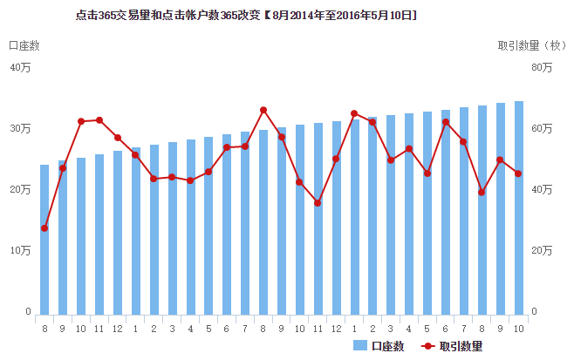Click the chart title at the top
pyautogui.click(x=246, y=16)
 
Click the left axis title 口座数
pyautogui.click(x=24, y=45)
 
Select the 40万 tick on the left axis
pyautogui.click(x=20, y=67)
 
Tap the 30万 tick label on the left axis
pyautogui.click(x=20, y=128)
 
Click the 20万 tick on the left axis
pyautogui.click(x=20, y=189)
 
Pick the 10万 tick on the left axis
pyautogui.click(x=20, y=250)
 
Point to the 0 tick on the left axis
pyautogui.click(x=28, y=311)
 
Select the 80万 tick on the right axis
pyautogui.click(x=542, y=67)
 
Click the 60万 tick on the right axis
pyautogui.click(x=542, y=128)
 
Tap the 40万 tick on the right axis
pyautogui.click(x=542, y=189)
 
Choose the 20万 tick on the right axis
pyautogui.click(x=542, y=250)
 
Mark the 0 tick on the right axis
pyautogui.click(x=534, y=311)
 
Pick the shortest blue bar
pyautogui.click(x=44, y=239)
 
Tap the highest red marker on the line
pyautogui.click(x=263, y=110)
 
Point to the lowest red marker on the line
pyautogui.click(x=44, y=228)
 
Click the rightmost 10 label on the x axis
pyautogui.click(x=519, y=328)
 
